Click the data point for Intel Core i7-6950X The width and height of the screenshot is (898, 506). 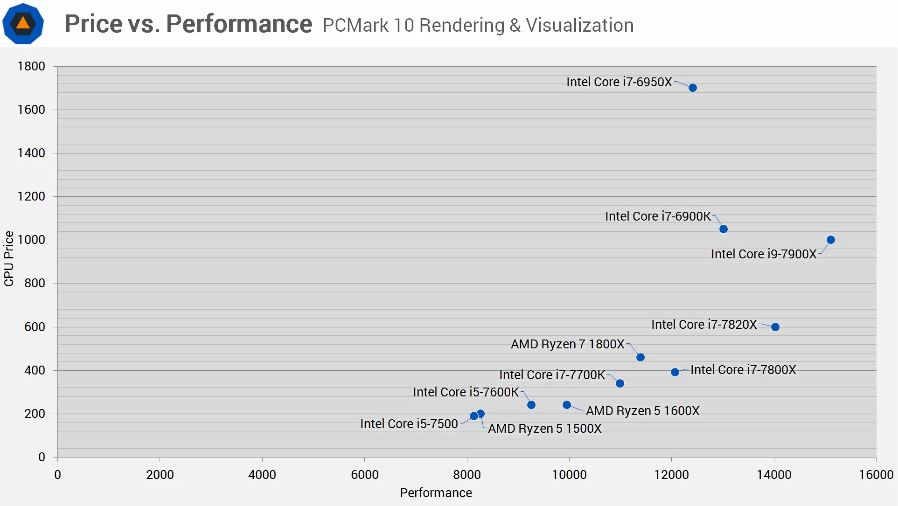[x=693, y=88]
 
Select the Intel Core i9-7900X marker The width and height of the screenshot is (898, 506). [x=831, y=240]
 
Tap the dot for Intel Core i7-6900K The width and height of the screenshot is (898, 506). [x=724, y=229]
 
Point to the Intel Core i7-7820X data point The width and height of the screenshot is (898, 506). [x=775, y=327]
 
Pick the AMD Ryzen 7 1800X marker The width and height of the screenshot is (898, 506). [x=640, y=357]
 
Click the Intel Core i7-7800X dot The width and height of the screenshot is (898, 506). [x=675, y=372]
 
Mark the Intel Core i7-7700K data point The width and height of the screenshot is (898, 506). [x=620, y=383]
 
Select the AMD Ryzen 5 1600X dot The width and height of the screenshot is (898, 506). [x=567, y=405]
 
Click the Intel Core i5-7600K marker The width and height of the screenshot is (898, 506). [x=531, y=405]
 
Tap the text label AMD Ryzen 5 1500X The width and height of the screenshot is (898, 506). [x=544, y=429]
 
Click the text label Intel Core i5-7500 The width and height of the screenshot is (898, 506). [x=409, y=424]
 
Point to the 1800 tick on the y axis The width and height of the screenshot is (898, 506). [x=31, y=66]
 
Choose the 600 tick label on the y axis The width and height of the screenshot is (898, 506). [x=35, y=327]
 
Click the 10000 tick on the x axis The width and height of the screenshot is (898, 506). [x=569, y=475]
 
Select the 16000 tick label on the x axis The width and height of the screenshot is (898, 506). [x=876, y=475]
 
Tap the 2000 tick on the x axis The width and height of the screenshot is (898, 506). [x=160, y=475]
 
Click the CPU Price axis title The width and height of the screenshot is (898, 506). [x=9, y=259]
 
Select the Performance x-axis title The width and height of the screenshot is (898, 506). [x=436, y=493]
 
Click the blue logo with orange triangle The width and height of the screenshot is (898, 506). [x=23, y=23]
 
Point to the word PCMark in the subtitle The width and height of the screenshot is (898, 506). [x=355, y=25]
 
